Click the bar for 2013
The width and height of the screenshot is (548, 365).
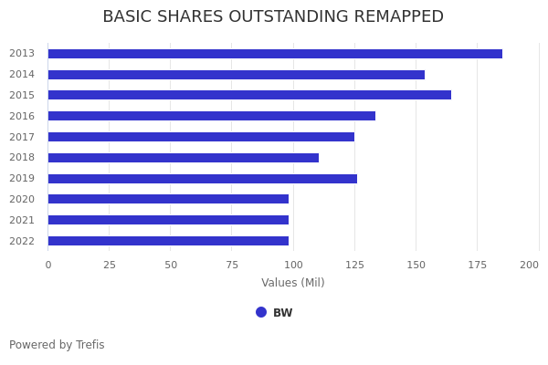click(274, 54)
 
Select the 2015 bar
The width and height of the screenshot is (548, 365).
click(249, 95)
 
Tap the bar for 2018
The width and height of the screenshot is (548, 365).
click(183, 158)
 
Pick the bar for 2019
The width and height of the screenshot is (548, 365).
click(202, 179)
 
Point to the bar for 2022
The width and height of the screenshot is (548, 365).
click(168, 241)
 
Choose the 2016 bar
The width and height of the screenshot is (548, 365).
click(211, 116)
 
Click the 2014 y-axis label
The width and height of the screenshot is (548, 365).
click(22, 75)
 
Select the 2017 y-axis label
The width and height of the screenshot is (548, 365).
click(22, 137)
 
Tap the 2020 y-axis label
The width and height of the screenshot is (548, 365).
click(22, 200)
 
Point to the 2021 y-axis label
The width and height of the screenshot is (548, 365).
click(22, 220)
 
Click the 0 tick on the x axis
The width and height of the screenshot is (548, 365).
click(48, 265)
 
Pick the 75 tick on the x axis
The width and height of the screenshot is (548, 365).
click(232, 265)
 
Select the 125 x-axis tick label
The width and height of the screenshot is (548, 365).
click(354, 265)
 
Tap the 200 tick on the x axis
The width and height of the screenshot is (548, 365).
click(529, 265)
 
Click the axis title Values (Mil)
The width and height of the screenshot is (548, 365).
click(292, 283)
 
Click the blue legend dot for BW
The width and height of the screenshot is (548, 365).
click(261, 312)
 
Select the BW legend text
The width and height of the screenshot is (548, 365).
click(283, 313)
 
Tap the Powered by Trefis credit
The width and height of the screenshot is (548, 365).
click(57, 345)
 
